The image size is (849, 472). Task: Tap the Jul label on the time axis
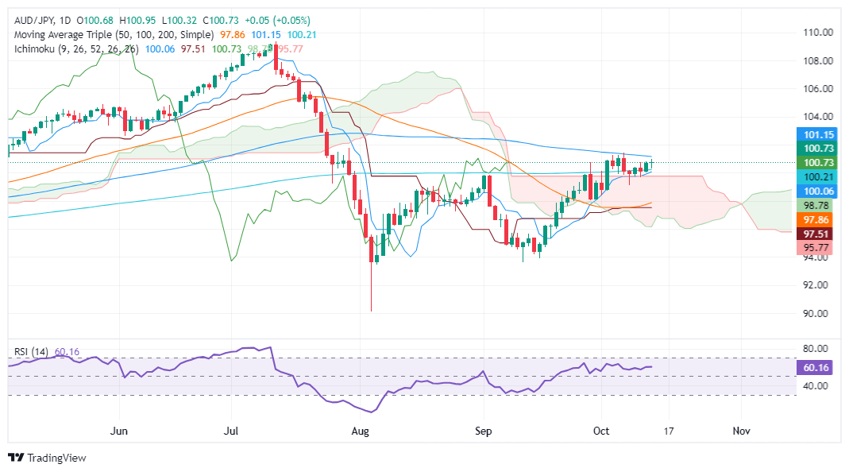pyautogui.click(x=231, y=431)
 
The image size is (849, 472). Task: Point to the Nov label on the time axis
pyautogui.click(x=741, y=431)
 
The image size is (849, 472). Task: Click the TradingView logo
pyautogui.click(x=47, y=458)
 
